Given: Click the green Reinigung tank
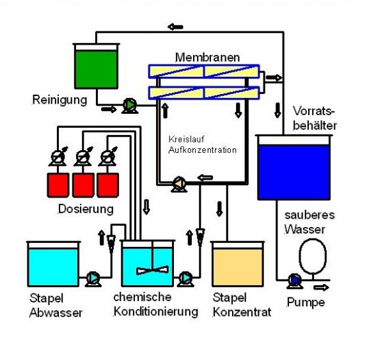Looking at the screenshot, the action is (x=96, y=66).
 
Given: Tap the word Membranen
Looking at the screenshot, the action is (x=207, y=58).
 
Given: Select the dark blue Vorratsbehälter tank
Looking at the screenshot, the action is (x=293, y=168).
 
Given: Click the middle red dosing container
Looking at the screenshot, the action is (x=83, y=185).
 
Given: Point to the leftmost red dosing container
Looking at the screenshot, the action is (x=58, y=185).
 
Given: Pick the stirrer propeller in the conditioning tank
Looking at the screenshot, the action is (x=152, y=270).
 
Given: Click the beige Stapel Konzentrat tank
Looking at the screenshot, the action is (x=238, y=264).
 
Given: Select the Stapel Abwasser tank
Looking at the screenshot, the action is (x=53, y=264).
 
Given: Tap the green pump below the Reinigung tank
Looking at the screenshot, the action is (x=130, y=106).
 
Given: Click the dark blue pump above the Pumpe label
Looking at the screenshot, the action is (x=295, y=281).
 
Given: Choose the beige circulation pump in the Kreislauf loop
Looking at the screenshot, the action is (x=179, y=184).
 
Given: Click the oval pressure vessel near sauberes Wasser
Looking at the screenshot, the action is (x=313, y=256).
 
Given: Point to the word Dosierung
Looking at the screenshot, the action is (x=86, y=209).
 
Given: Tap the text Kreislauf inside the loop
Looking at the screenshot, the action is (x=186, y=139).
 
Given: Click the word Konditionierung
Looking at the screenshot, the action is (x=156, y=311).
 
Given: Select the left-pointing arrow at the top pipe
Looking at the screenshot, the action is (x=175, y=27).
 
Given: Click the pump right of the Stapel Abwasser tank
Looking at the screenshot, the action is (x=93, y=278).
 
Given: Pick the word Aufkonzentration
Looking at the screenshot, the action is (x=203, y=150).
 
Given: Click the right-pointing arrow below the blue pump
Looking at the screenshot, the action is (x=321, y=287).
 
